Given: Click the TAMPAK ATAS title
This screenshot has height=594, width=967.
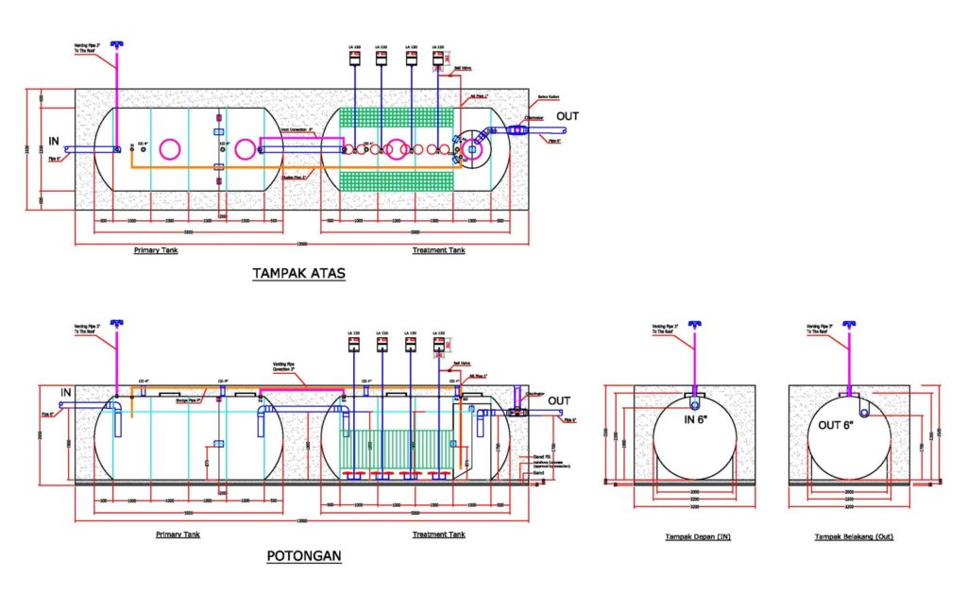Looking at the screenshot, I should point(299,274).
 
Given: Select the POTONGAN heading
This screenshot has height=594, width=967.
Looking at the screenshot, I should point(304,556).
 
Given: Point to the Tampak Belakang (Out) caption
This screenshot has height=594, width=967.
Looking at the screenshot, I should point(855,537).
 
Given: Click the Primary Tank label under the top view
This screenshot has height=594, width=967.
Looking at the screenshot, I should point(155,251).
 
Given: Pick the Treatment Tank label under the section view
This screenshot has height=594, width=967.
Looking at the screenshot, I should point(439,535).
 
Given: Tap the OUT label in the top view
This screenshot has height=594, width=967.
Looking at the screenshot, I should point(568,117).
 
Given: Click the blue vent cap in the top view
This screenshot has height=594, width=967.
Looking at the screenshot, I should point(117,44).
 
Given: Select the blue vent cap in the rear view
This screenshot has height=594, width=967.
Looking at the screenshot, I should point(849,326).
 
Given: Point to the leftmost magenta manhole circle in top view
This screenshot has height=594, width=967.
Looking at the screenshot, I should point(170,149).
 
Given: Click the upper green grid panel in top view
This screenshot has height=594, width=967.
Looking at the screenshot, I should point(396,118).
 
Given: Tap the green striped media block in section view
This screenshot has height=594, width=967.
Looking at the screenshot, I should point(396,444).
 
